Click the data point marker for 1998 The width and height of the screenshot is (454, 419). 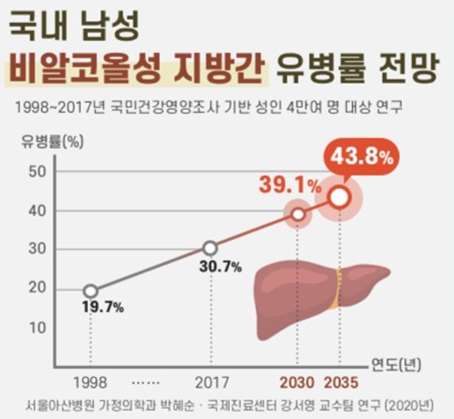[x=91, y=291]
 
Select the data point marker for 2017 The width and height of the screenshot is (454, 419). [x=209, y=248]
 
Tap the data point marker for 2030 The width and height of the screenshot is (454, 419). [x=297, y=214]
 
